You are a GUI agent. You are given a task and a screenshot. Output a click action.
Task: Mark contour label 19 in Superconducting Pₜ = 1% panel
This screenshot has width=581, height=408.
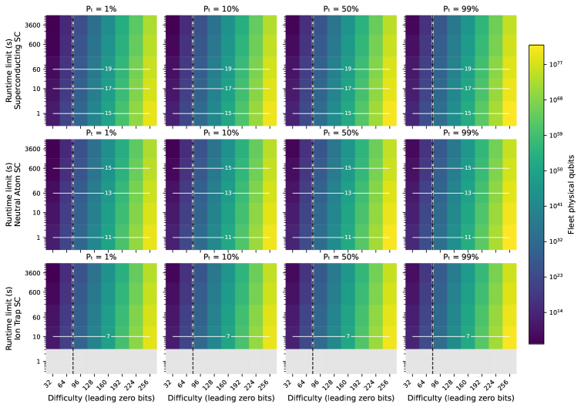(108, 69)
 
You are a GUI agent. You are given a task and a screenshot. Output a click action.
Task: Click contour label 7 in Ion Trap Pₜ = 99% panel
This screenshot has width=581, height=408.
(468, 336)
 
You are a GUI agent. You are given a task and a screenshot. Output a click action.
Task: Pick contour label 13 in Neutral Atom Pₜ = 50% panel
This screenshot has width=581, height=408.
(348, 193)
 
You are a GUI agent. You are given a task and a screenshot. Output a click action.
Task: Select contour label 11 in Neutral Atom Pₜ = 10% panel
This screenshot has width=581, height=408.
(228, 216)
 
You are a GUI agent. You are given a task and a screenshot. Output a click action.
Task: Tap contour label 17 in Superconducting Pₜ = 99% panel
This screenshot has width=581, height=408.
(468, 89)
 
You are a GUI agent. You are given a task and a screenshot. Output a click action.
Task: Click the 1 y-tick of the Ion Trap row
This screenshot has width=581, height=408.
(39, 361)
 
